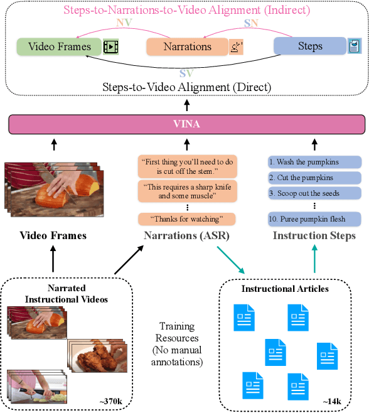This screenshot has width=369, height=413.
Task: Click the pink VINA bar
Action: coord(186,124)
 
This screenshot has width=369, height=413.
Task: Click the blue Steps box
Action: coord(310,46)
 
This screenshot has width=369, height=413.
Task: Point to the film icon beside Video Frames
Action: coord(110,46)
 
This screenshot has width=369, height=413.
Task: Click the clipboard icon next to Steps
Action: coord(355,46)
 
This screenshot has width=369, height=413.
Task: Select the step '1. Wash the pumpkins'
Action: coord(314,161)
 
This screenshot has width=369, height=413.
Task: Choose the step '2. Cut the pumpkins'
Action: coord(314,178)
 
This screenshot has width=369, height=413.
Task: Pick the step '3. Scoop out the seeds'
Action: coord(314,193)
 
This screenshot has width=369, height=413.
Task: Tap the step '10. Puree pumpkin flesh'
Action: coord(314,219)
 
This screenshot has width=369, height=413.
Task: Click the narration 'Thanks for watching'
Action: coord(186,219)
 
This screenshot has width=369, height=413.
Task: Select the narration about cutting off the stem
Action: coord(186,166)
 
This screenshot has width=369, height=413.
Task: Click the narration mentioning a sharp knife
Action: coord(186,191)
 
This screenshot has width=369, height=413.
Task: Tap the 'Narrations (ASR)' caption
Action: coord(186,236)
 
